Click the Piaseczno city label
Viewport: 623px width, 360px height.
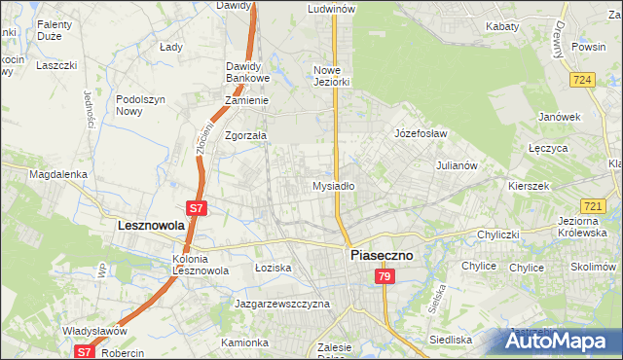click(x=381, y=255)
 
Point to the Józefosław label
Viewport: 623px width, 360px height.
click(x=421, y=132)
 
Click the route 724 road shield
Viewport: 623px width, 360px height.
click(x=583, y=80)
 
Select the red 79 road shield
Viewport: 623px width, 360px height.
click(x=385, y=277)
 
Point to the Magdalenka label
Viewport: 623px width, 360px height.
click(x=58, y=175)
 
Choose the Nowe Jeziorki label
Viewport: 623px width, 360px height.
click(x=331, y=76)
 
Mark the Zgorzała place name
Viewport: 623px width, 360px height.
click(x=245, y=136)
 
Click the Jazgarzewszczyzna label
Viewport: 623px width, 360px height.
click(x=282, y=304)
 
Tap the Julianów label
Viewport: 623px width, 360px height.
click(x=457, y=165)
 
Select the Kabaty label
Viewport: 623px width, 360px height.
click(x=501, y=26)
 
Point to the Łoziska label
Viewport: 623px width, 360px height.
click(x=273, y=267)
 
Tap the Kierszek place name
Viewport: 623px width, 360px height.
click(x=530, y=185)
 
